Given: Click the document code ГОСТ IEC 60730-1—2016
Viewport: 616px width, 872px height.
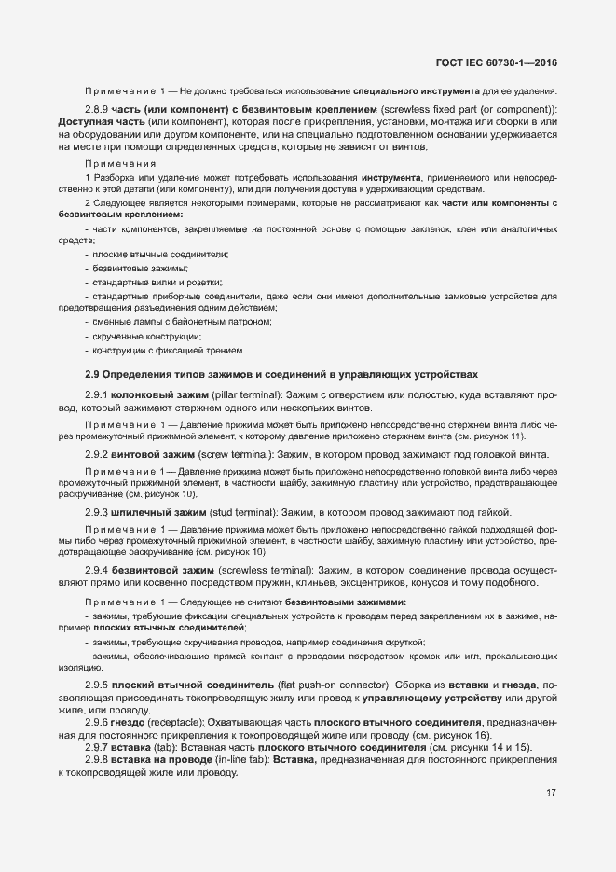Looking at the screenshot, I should coord(503,62).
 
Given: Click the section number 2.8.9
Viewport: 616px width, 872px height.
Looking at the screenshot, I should coord(98,110).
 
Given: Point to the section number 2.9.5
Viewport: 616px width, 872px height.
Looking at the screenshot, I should coord(98,684).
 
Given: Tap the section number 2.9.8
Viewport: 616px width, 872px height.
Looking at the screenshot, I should coord(98,760).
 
